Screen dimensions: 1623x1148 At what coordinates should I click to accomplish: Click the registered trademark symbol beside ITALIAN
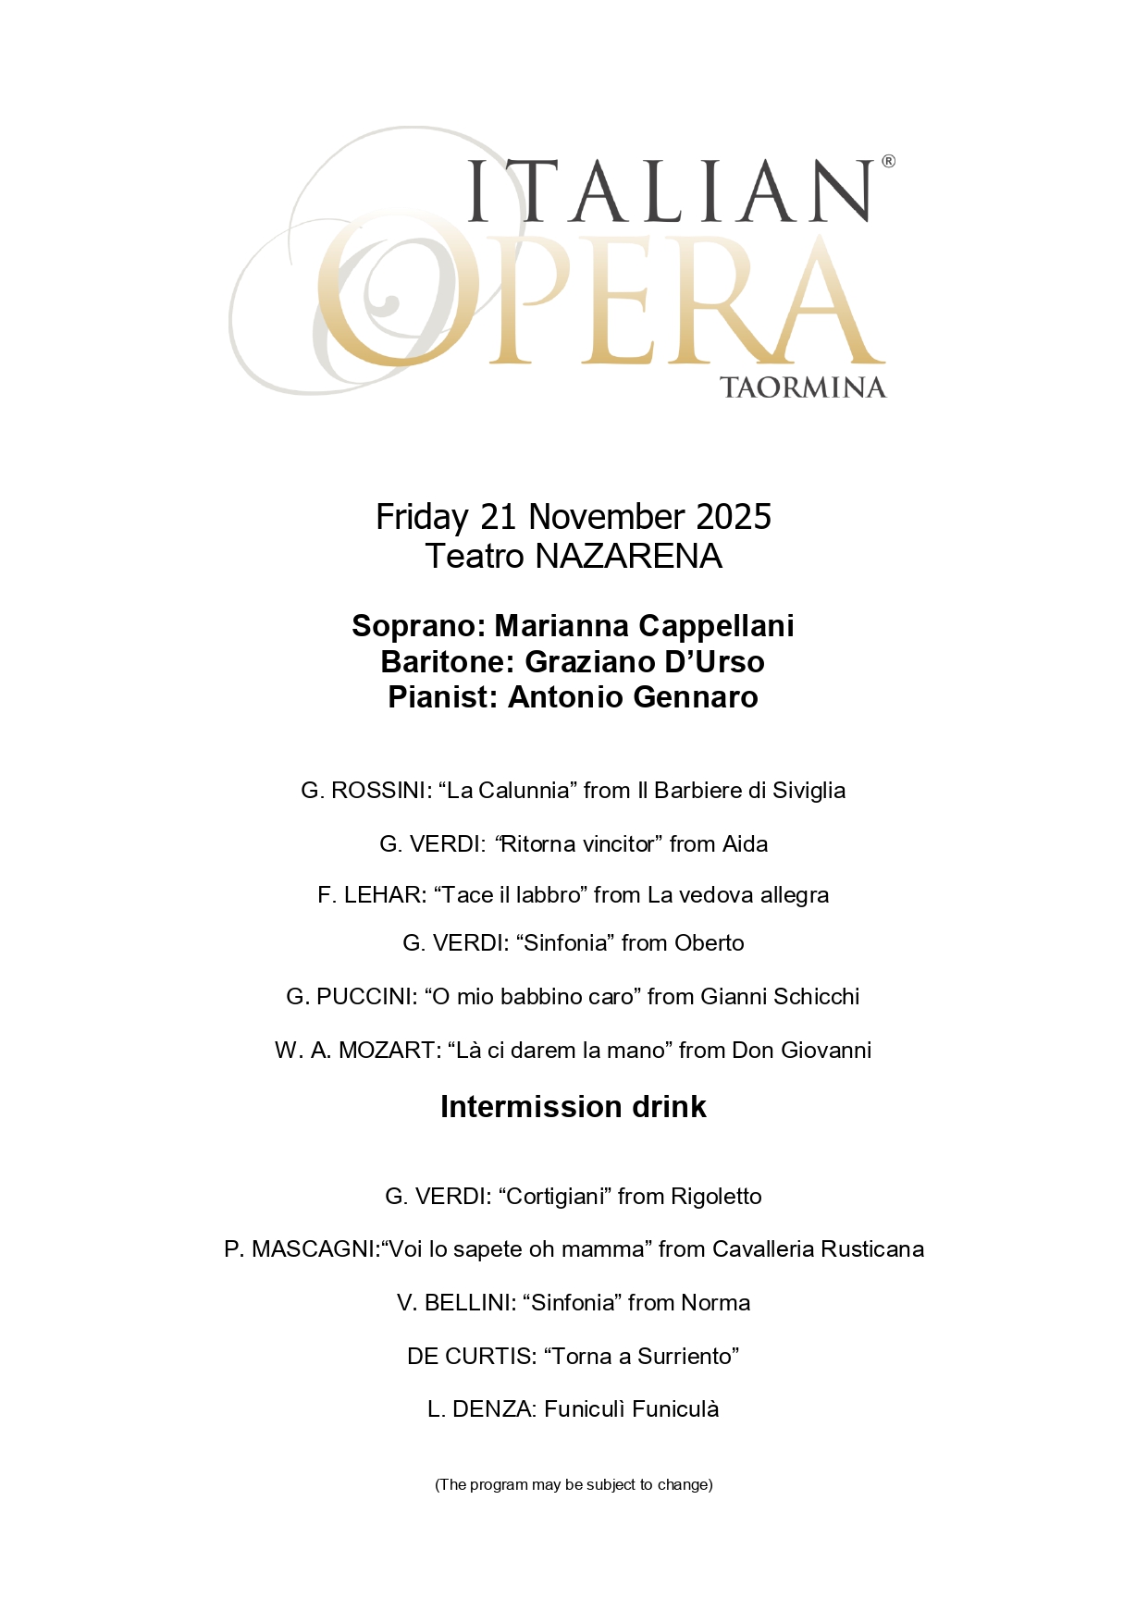(x=888, y=162)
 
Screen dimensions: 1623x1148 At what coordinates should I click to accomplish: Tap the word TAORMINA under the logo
(x=802, y=387)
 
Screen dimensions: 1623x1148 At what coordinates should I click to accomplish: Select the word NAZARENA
(x=628, y=557)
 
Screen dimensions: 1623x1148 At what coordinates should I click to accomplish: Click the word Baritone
(x=448, y=662)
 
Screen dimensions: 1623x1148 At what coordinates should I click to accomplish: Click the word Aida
(x=744, y=844)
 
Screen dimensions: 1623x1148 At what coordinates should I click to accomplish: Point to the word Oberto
(x=709, y=943)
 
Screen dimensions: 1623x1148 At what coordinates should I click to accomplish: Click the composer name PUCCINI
(x=365, y=997)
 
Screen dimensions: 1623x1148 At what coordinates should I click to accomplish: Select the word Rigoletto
(x=716, y=1197)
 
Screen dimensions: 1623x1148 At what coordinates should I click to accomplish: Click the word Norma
(x=715, y=1303)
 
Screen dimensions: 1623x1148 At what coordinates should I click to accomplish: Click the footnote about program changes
(x=574, y=1485)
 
